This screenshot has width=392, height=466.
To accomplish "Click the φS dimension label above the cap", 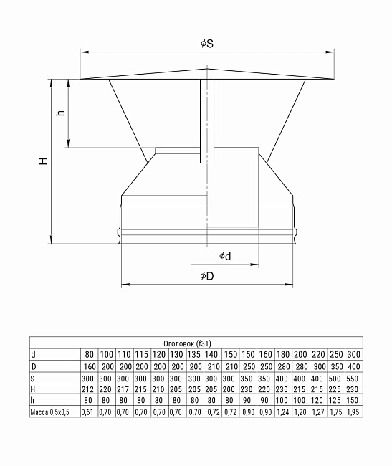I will (207, 44).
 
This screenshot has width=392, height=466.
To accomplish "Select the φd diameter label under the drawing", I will (225, 256).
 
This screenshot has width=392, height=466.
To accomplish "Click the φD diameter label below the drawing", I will (207, 276).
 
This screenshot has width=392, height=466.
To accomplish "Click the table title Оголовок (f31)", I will (196, 343).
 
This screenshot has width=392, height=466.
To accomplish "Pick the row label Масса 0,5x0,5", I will (52, 412).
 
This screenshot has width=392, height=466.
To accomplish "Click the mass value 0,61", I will (88, 412).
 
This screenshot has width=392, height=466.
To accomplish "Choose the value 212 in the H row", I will (88, 389).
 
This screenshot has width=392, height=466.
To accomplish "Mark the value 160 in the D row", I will (88, 366).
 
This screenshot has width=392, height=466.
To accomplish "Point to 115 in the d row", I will (141, 355).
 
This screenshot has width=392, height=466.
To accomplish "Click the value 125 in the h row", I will (335, 401).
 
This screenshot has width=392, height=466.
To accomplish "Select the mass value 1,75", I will (335, 412).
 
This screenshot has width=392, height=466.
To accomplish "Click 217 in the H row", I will (123, 389).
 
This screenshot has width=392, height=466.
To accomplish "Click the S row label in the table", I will (33, 378).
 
